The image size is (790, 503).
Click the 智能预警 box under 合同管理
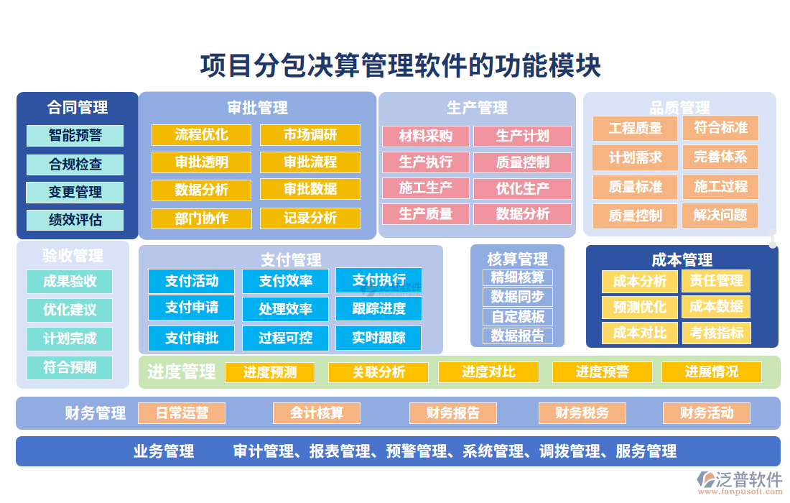coord(75,136)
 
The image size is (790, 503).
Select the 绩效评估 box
coord(75,220)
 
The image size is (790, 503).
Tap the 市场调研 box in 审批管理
coord(310,135)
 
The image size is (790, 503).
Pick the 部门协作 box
coord(202,218)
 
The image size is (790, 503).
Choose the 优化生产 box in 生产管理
coord(523,189)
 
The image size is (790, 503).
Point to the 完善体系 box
coord(720,157)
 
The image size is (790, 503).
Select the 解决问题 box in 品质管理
coord(720,215)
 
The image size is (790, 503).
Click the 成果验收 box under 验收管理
coord(70,281)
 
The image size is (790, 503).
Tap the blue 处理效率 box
coord(286,309)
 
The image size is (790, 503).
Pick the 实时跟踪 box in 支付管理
coord(378,338)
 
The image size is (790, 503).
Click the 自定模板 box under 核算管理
coord(518,316)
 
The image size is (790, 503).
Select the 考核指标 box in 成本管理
coord(716,333)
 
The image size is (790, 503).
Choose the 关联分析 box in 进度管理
coord(378,372)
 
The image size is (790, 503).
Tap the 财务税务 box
coord(582,413)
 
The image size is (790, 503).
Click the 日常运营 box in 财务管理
coord(182,413)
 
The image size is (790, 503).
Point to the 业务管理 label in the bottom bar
coord(164,451)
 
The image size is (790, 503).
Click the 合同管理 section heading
coord(78,107)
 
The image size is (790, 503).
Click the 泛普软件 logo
coord(740,481)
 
